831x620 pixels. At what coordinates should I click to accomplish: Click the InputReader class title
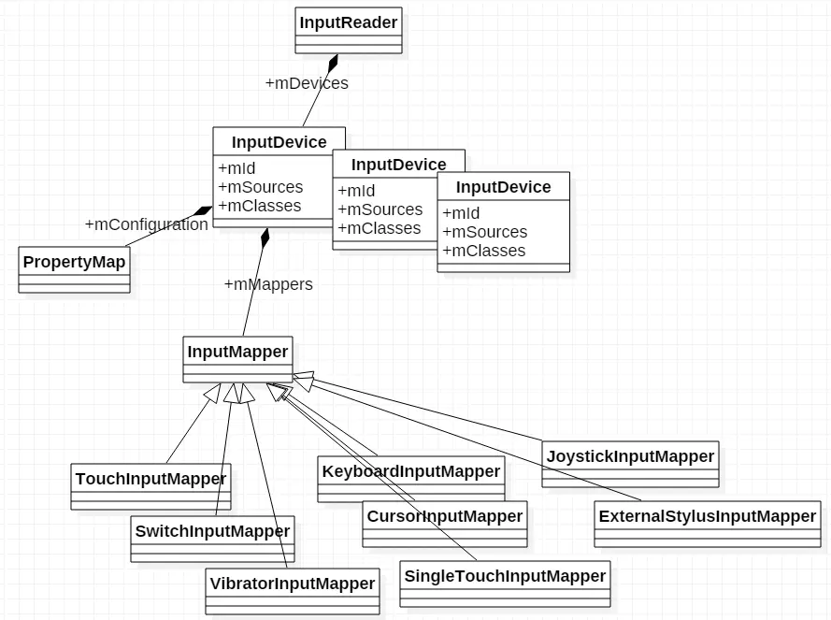[x=349, y=22]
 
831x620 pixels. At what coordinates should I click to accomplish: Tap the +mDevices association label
[x=307, y=83]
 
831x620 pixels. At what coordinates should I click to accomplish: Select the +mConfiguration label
[x=147, y=224]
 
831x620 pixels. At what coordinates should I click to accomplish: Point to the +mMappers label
[x=268, y=284]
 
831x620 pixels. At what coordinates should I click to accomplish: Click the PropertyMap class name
[x=74, y=262]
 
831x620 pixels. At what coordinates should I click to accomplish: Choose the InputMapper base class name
[x=237, y=352]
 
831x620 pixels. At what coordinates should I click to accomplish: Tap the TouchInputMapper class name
[x=150, y=479]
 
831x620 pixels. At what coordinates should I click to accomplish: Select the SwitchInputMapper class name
[x=212, y=531]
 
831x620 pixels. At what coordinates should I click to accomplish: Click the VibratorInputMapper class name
[x=293, y=584]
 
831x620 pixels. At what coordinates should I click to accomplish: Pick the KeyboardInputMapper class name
[x=411, y=471]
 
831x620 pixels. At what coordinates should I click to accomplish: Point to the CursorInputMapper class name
[x=445, y=516]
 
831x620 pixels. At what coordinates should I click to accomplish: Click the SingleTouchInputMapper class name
[x=505, y=576]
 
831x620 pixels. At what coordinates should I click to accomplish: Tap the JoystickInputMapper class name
[x=631, y=456]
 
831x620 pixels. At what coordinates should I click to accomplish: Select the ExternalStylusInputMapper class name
[x=708, y=516]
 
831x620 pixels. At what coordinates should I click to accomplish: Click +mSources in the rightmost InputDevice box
[x=485, y=232]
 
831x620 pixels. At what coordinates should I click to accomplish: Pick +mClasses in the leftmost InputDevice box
[x=260, y=206]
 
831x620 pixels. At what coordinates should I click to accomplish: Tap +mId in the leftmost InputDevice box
[x=236, y=168]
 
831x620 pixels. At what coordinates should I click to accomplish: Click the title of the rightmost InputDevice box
[x=503, y=187]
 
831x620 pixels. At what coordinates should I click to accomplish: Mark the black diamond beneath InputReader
[x=332, y=64]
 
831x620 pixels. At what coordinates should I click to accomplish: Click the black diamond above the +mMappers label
[x=265, y=238]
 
